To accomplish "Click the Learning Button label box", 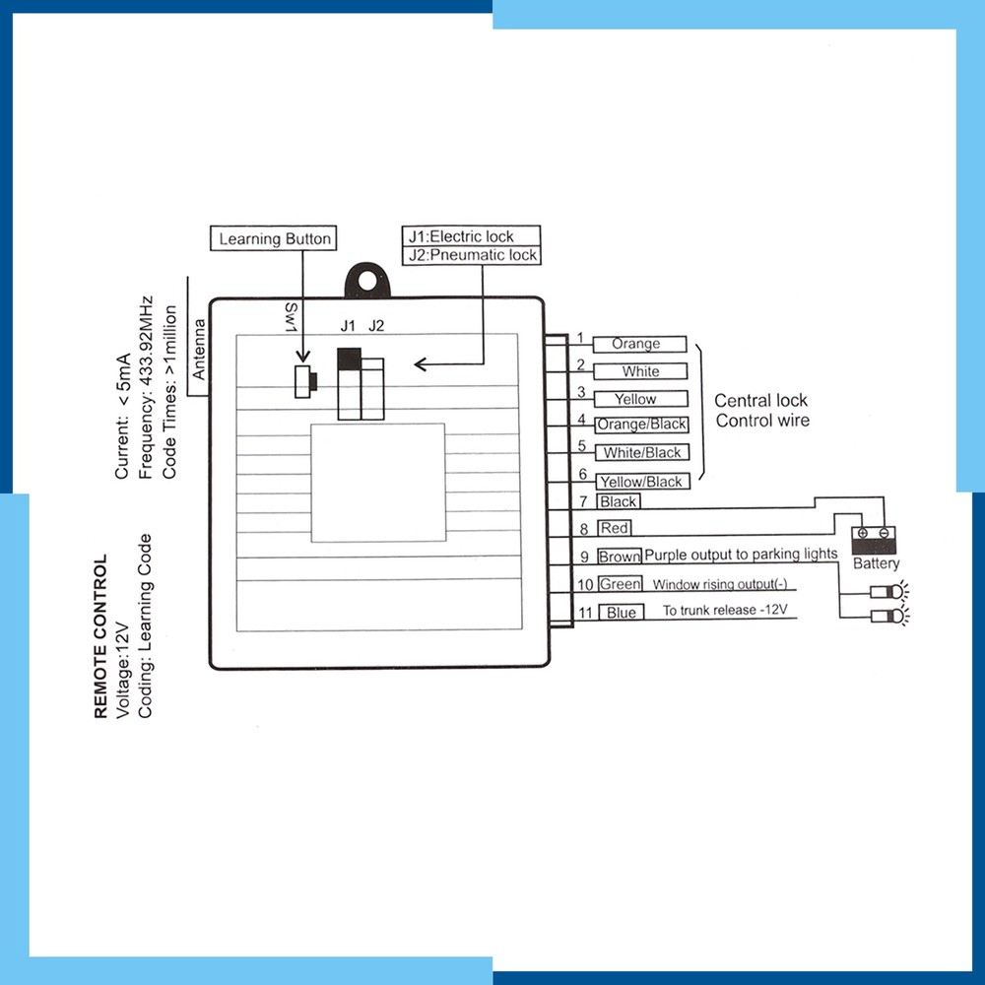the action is click(x=273, y=238).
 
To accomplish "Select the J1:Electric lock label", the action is click(x=471, y=236).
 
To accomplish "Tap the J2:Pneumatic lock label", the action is click(x=471, y=255).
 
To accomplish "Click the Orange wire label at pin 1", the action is click(x=639, y=344).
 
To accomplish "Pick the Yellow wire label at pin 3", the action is click(x=641, y=399).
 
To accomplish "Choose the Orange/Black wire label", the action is click(x=641, y=425).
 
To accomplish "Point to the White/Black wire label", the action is click(x=642, y=452).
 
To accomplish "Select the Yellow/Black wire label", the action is click(x=642, y=482).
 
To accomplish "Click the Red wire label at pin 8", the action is click(x=614, y=528).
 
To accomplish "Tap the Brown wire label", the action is click(x=620, y=556).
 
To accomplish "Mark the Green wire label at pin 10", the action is click(x=620, y=584).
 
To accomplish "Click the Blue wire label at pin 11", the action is click(x=622, y=613).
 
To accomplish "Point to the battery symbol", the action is click(x=874, y=540).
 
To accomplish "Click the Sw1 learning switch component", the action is click(x=305, y=380).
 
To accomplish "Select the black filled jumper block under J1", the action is click(x=350, y=359).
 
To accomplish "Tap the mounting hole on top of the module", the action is click(x=367, y=280).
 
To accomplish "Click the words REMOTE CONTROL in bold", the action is click(x=100, y=635).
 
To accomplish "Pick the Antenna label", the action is click(x=199, y=350).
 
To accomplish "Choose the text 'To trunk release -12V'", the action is click(x=725, y=610).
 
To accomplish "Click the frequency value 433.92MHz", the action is click(x=146, y=342).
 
